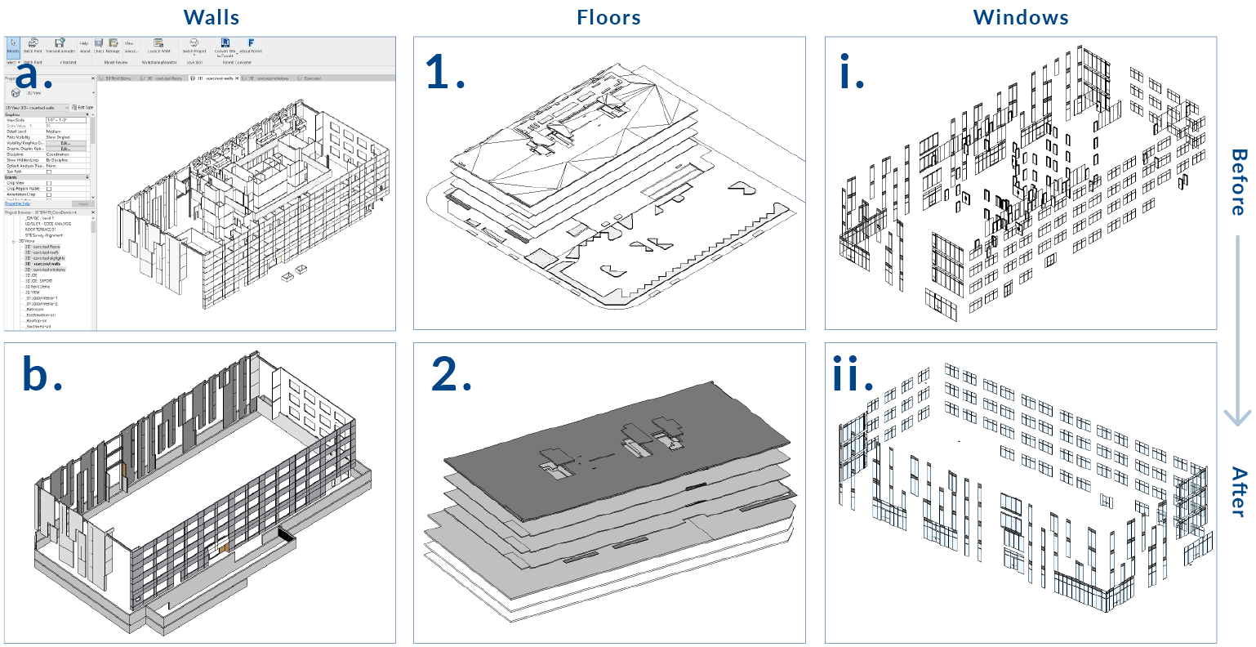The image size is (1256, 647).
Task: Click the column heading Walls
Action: click(x=212, y=17)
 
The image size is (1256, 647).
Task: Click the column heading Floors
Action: click(x=608, y=17)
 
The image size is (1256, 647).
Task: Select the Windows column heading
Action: click(x=1021, y=17)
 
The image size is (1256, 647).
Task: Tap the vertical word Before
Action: click(x=1238, y=181)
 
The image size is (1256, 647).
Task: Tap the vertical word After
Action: click(x=1238, y=492)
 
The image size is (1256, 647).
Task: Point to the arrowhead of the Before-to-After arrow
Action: click(x=1238, y=417)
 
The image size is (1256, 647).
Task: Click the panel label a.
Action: click(x=34, y=75)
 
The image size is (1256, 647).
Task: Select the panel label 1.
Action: click(x=445, y=73)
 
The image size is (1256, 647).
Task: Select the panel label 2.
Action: click(x=451, y=374)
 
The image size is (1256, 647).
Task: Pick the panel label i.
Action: click(x=852, y=74)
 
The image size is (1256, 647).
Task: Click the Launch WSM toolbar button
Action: click(x=158, y=46)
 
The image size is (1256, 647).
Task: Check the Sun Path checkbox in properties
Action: click(x=49, y=172)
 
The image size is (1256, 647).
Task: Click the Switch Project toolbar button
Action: click(x=194, y=46)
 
